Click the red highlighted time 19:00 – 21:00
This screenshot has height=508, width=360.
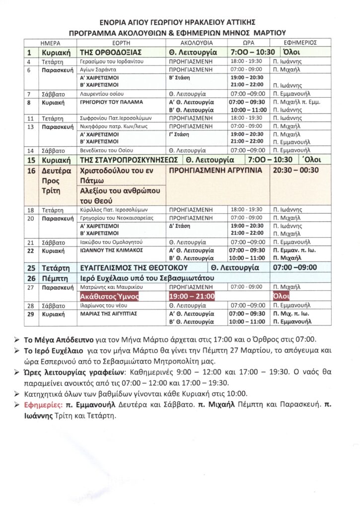point(192,297)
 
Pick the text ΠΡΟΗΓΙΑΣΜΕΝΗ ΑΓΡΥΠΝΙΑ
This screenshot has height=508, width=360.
point(215,169)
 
